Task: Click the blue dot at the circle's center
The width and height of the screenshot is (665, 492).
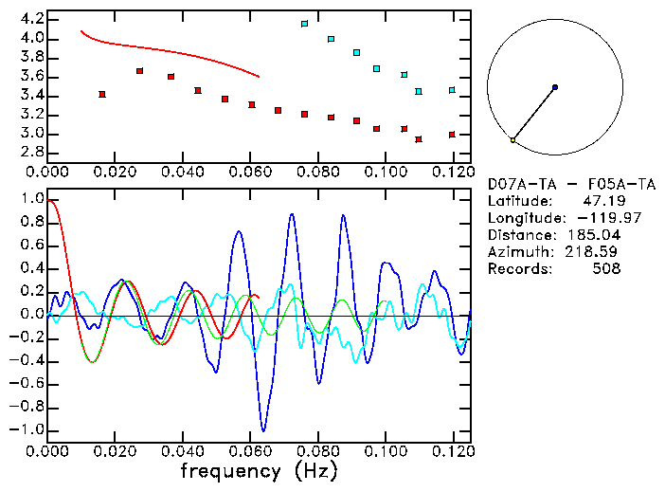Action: click(554, 87)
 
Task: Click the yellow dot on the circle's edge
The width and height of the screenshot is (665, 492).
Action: click(512, 140)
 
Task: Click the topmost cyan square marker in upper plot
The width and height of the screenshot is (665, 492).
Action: click(304, 24)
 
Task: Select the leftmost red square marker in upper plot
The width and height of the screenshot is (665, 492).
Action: click(102, 94)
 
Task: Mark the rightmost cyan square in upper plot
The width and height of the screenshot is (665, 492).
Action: click(452, 90)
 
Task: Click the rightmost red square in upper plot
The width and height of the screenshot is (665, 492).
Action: click(452, 135)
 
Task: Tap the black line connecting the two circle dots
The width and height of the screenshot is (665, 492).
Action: click(533, 114)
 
